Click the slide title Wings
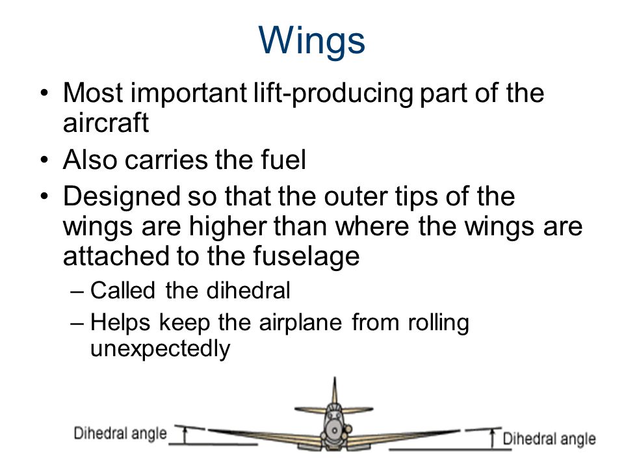click(311, 41)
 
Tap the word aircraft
click(106, 123)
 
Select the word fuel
click(283, 160)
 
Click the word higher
click(227, 227)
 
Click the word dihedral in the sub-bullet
click(248, 290)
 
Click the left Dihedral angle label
click(120, 434)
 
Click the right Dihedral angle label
click(549, 439)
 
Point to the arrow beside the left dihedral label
click(184, 435)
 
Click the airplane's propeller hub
click(335, 430)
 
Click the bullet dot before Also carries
click(44, 161)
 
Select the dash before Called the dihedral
click(77, 291)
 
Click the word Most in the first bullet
click(93, 93)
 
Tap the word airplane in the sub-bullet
click(300, 323)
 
